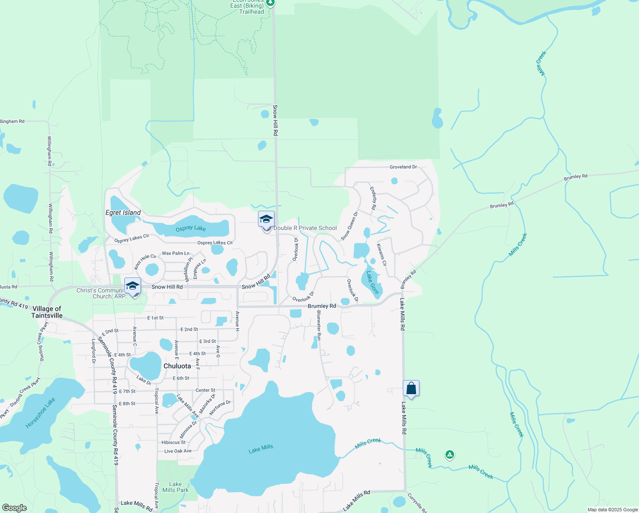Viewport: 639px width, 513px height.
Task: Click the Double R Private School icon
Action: pos(266,220)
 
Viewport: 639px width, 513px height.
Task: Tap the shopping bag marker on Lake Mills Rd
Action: pos(411,389)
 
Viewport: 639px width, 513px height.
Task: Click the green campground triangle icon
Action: pos(449,454)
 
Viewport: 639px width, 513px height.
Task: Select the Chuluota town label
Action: pos(177,366)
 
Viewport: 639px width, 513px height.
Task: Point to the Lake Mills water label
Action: pos(261,449)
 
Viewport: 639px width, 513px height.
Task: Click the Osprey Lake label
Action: pos(191,228)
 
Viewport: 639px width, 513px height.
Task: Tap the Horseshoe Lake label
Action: pos(40,413)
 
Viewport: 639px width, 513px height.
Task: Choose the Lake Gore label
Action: pos(372,282)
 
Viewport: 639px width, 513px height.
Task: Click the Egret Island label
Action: pos(123,212)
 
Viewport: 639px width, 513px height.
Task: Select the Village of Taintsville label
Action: pos(47,312)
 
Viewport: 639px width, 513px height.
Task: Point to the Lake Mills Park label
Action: pos(175,487)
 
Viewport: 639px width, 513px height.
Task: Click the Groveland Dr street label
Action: pos(403,167)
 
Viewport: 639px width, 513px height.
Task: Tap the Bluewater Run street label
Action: pos(319,325)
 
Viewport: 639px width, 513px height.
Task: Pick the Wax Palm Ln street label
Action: pos(176,254)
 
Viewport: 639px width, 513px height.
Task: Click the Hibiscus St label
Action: pos(173,442)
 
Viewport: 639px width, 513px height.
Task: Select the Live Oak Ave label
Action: pos(178,451)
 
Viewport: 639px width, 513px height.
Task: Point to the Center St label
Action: pos(205,390)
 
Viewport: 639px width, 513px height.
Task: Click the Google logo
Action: pos(14,507)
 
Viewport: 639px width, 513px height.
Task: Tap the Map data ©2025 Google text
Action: pos(613,510)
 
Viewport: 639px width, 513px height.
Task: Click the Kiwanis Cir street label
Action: pos(381,255)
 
